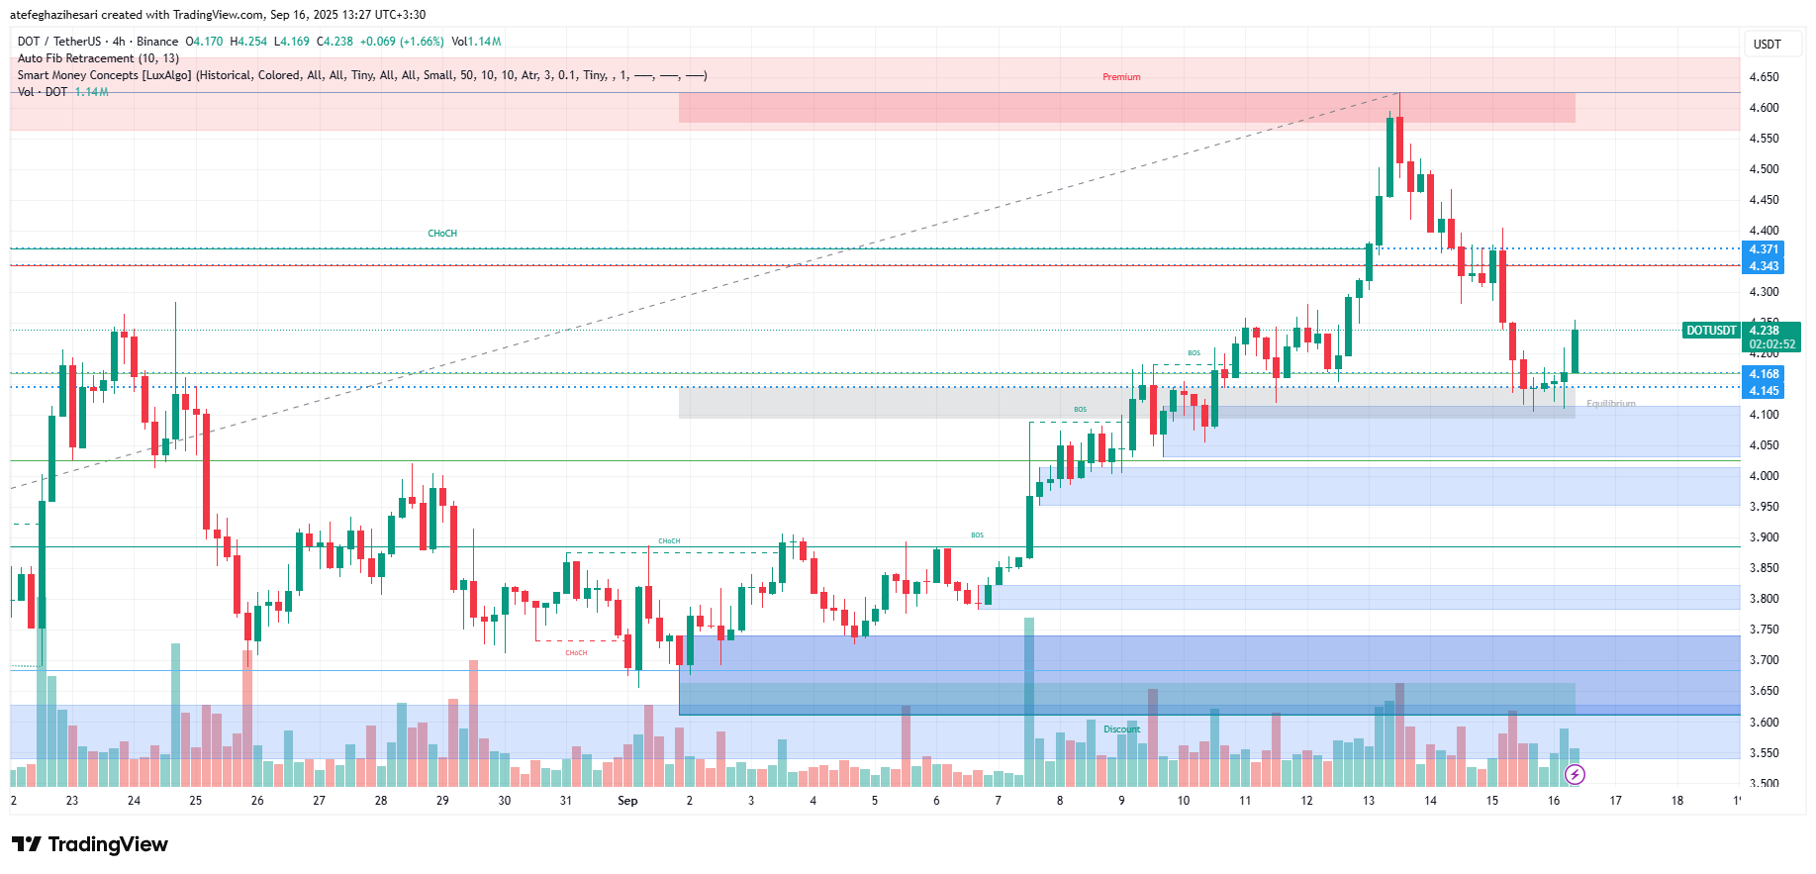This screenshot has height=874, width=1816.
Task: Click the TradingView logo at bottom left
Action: click(89, 844)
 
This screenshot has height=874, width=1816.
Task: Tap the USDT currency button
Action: click(1767, 44)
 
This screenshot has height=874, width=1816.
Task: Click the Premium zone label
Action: click(1121, 77)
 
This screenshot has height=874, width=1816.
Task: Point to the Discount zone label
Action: click(1121, 729)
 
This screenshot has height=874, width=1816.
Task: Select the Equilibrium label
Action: click(1610, 404)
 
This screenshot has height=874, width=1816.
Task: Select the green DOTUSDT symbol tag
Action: click(1711, 331)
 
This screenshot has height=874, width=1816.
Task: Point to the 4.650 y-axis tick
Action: click(1764, 77)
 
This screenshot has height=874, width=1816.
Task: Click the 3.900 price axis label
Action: click(1764, 537)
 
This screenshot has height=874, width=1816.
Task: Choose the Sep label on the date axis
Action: click(627, 801)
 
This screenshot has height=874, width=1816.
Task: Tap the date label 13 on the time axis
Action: click(1369, 801)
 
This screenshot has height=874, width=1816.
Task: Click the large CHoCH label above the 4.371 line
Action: click(442, 234)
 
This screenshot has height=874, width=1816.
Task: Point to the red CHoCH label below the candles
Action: click(576, 653)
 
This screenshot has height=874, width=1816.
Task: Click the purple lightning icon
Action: click(1575, 774)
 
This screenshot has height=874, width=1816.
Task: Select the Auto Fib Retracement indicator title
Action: click(98, 58)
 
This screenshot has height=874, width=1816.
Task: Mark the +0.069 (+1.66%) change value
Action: click(401, 42)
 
